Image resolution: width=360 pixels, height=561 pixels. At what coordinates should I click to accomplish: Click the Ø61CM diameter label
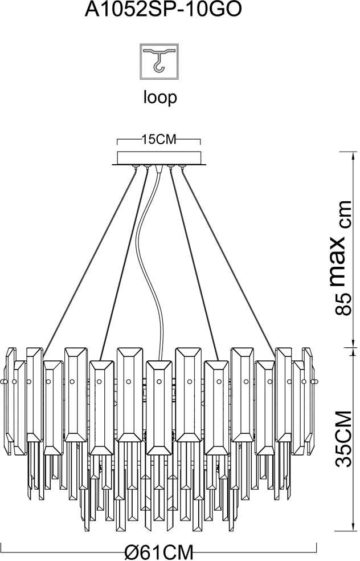coord(159,552)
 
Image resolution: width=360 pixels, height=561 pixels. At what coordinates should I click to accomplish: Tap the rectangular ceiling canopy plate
coord(159,158)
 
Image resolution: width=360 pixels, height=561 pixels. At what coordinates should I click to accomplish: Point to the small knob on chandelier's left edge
coord(4,381)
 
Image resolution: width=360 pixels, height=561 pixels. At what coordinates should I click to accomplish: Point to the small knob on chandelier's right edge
coord(315,381)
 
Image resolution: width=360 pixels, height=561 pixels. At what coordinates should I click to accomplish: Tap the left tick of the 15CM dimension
coord(117,141)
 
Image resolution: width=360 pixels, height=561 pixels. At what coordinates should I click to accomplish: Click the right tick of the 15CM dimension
coord(202,141)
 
